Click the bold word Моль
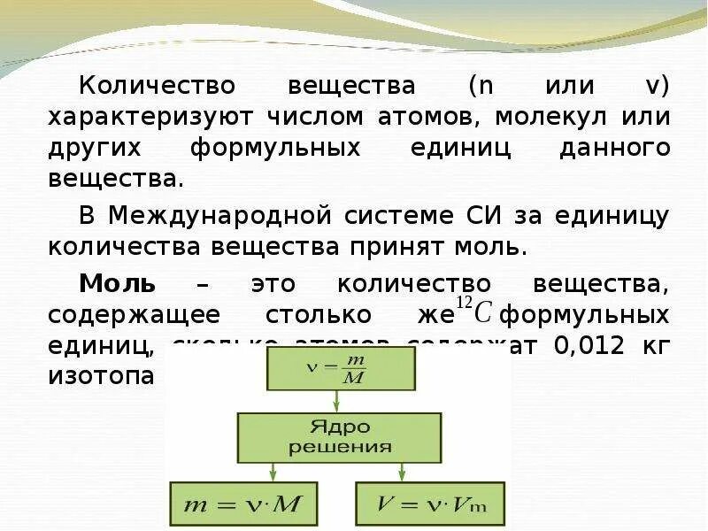[x=118, y=284]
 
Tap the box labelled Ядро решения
[x=339, y=437]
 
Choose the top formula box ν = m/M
[x=342, y=369]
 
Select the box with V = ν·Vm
[x=430, y=505]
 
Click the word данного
[x=615, y=147]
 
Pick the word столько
[x=303, y=315]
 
